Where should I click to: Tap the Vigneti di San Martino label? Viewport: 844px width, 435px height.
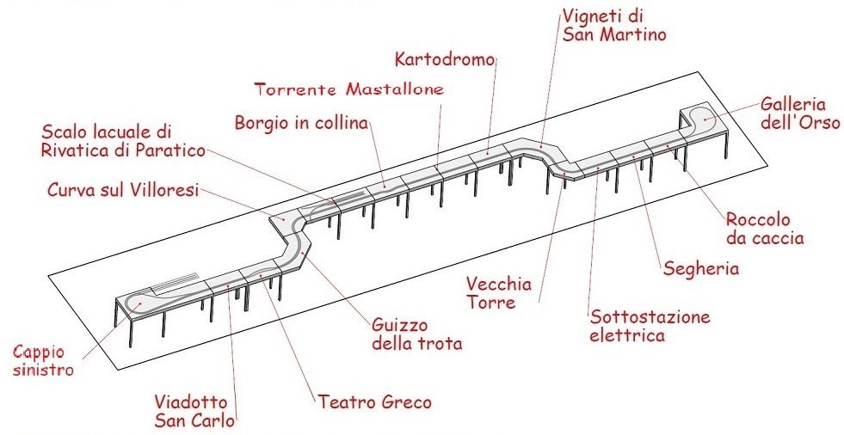(614, 26)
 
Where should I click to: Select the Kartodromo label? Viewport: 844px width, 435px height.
(447, 60)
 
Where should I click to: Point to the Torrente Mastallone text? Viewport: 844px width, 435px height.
(350, 89)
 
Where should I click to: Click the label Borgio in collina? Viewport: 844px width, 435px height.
(301, 123)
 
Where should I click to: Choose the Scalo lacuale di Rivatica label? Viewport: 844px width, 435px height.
(124, 142)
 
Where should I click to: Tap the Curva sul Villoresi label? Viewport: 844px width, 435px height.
(122, 190)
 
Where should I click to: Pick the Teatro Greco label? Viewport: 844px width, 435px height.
(374, 401)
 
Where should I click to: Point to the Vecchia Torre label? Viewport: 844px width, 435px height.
(499, 294)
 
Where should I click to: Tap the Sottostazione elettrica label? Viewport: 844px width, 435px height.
(650, 326)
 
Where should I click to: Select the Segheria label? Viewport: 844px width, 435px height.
(701, 268)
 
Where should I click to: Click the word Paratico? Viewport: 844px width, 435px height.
(175, 151)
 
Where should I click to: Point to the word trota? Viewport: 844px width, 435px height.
(441, 344)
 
